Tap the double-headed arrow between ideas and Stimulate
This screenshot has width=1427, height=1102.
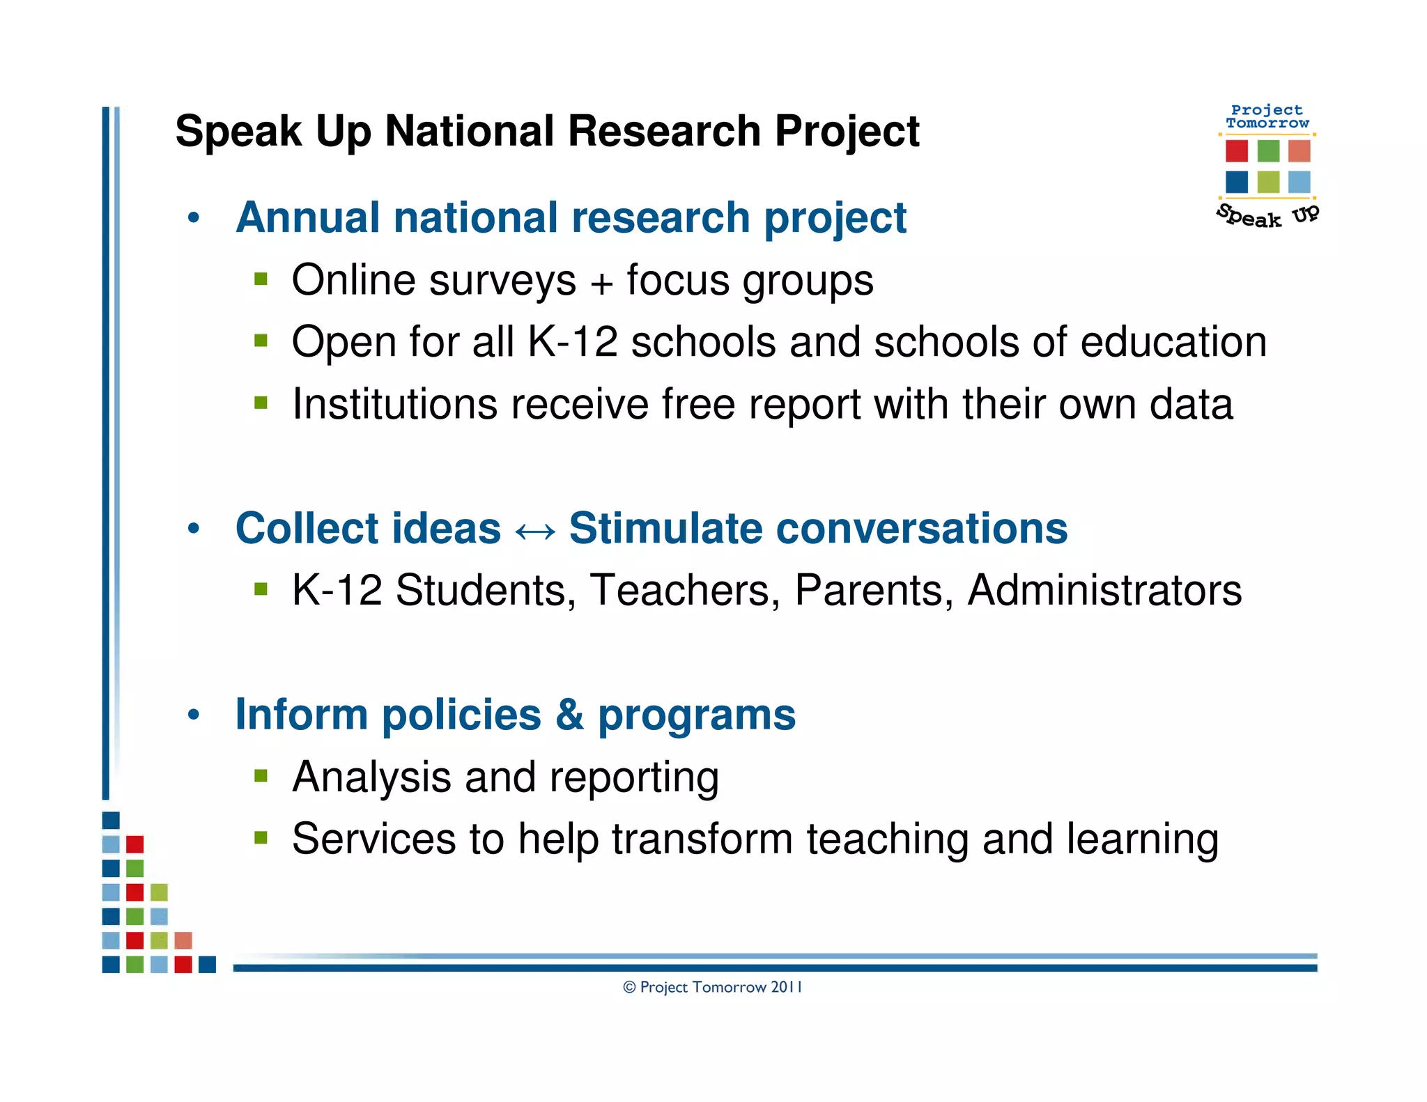tap(535, 531)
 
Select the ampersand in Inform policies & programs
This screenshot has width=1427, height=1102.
tap(569, 714)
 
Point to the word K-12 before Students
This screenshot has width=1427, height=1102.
tap(337, 590)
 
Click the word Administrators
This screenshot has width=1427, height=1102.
tap(1104, 590)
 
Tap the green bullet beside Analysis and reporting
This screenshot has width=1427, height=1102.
tap(261, 776)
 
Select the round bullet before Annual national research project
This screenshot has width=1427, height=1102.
tap(194, 217)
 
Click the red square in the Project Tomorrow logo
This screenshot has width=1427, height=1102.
tap(1237, 150)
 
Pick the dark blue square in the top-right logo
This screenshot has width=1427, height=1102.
tap(1237, 182)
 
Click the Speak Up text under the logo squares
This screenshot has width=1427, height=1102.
tap(1267, 217)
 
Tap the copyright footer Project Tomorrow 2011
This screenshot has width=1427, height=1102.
tap(712, 987)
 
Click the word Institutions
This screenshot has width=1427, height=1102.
tap(394, 404)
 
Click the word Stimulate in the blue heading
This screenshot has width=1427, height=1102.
tap(665, 528)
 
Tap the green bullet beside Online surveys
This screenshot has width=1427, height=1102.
tap(261, 279)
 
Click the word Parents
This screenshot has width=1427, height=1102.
tap(874, 590)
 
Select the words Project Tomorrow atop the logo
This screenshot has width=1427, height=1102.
tap(1267, 116)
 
